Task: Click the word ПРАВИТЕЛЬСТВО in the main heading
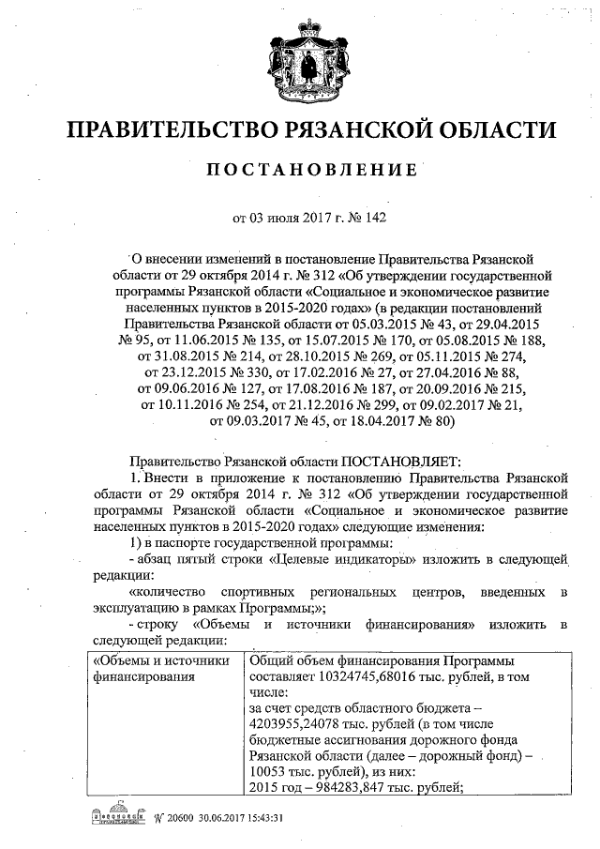pyautogui.click(x=168, y=129)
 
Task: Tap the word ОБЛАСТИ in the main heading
pyautogui.click(x=487, y=129)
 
